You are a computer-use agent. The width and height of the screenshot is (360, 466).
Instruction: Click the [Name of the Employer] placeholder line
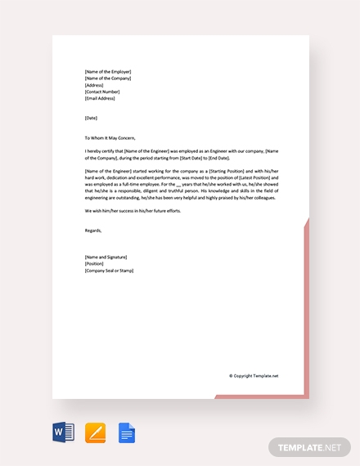(x=107, y=72)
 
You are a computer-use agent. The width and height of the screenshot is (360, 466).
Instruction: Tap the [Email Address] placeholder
(x=100, y=98)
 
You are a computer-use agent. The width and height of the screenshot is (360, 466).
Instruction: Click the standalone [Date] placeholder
(x=91, y=119)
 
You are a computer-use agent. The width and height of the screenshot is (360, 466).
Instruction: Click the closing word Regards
(x=94, y=231)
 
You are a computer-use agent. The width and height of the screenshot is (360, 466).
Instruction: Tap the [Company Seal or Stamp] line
(x=109, y=270)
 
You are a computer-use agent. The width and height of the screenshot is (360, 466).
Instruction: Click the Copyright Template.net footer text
(x=254, y=376)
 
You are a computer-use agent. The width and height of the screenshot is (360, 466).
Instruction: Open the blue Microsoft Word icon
(x=63, y=432)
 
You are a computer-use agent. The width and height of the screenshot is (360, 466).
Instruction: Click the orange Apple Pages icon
(x=95, y=432)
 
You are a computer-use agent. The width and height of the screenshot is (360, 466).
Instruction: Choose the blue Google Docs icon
(x=126, y=432)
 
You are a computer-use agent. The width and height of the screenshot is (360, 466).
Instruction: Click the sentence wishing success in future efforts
(x=133, y=211)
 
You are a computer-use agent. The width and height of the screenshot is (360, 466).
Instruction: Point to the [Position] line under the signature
(x=94, y=263)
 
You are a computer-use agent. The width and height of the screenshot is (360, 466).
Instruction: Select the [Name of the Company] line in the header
(x=108, y=78)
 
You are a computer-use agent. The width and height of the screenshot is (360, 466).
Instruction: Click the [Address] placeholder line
(x=93, y=85)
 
